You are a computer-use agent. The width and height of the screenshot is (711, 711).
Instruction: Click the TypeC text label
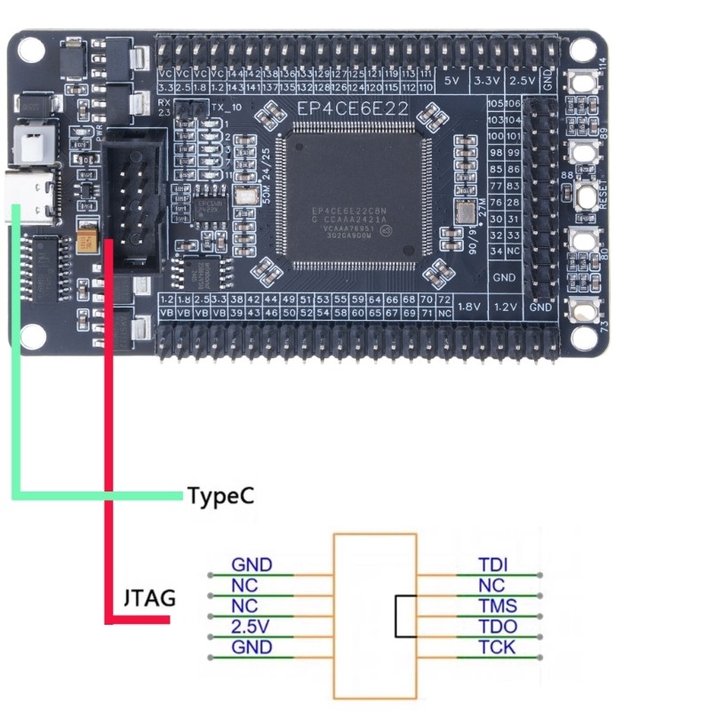pyautogui.click(x=220, y=495)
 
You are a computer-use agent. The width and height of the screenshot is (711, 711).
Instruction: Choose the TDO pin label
pyautogui.click(x=497, y=627)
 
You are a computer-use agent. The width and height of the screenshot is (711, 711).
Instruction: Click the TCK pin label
pyautogui.click(x=496, y=647)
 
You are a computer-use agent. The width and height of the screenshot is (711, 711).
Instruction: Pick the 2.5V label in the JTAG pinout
pyautogui.click(x=251, y=627)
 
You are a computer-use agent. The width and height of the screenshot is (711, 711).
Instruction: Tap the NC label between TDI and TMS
pyautogui.click(x=491, y=586)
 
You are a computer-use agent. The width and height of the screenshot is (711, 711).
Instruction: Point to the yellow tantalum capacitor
pyautogui.click(x=87, y=241)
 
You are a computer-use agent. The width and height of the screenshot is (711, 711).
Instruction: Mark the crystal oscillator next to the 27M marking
pyautogui.click(x=465, y=214)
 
